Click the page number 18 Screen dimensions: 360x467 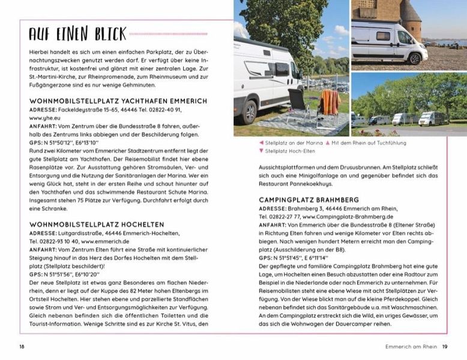pos(22,346)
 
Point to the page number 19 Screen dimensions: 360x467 pos(445,346)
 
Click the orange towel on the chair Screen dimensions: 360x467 pos(330,100)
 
